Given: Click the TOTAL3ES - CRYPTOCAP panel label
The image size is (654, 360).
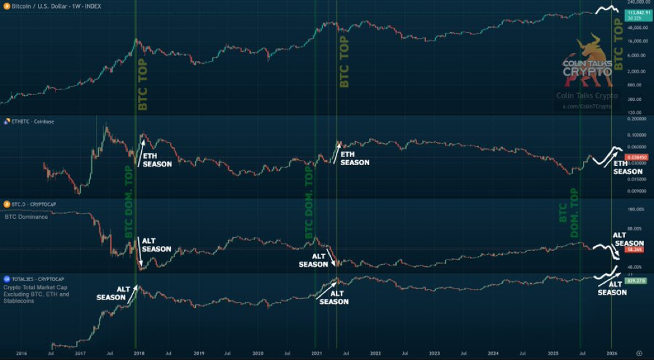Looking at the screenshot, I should click(x=34, y=278).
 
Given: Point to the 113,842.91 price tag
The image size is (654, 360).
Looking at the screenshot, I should click(x=638, y=12).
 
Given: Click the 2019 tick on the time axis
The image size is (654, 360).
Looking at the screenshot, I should click(x=199, y=353).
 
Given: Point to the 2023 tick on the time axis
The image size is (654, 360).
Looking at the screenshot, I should click(x=435, y=353).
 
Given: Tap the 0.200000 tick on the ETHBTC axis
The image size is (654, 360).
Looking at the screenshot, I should click(x=637, y=119).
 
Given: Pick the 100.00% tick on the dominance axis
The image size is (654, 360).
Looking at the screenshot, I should click(x=635, y=209).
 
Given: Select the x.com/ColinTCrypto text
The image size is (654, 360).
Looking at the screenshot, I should click(x=587, y=107).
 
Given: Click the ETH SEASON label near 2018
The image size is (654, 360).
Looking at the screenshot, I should click(x=157, y=160).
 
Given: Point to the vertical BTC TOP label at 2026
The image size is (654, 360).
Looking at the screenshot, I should click(x=618, y=44).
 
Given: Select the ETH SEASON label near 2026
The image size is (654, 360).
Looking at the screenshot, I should click(x=628, y=168).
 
